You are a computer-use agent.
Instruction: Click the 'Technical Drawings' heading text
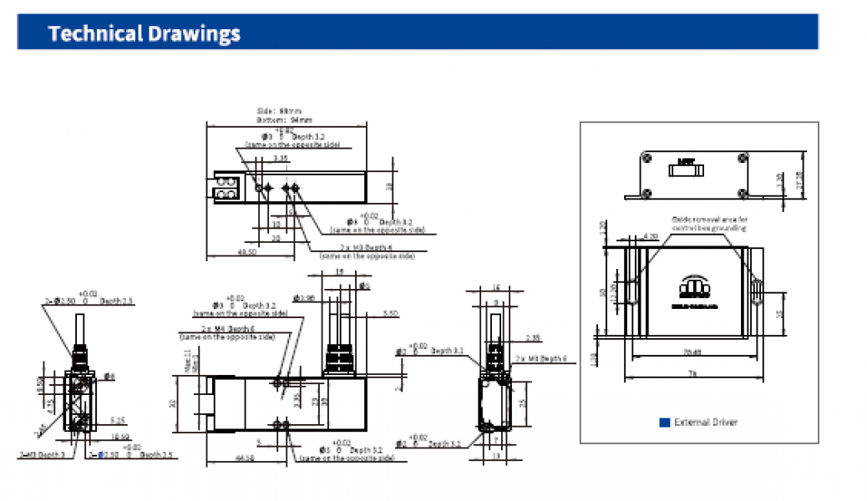[144, 33]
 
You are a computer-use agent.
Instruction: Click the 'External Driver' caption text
[706, 423]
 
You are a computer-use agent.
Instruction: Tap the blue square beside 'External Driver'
[665, 423]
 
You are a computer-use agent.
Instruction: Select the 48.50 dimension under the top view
[246, 251]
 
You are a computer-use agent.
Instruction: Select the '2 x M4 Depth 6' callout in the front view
[221, 330]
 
